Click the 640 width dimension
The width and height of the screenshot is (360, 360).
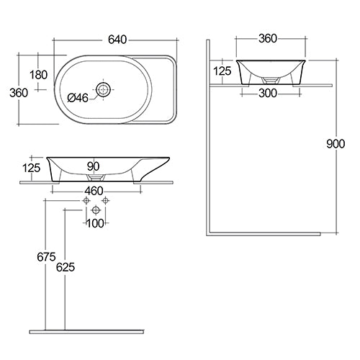click(x=116, y=40)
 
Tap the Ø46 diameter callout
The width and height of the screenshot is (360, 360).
click(x=78, y=98)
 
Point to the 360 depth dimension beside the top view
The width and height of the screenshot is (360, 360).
click(x=18, y=92)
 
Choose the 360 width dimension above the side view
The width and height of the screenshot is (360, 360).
click(x=268, y=37)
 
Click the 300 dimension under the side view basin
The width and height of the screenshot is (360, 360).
click(x=267, y=93)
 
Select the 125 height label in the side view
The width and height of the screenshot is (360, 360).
click(x=222, y=71)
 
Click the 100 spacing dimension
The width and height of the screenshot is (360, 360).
click(x=95, y=224)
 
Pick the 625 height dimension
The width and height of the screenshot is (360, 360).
click(x=65, y=267)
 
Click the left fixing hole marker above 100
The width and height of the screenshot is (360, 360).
click(x=86, y=199)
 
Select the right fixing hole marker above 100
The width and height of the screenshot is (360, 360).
click(x=105, y=199)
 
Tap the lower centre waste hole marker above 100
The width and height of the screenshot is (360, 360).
click(x=96, y=210)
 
